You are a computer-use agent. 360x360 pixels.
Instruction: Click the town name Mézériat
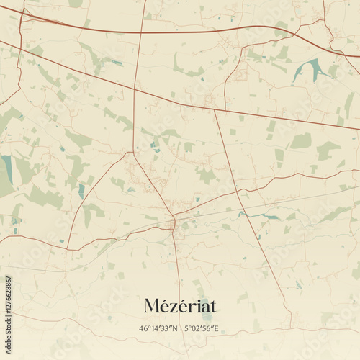click(x=180, y=305)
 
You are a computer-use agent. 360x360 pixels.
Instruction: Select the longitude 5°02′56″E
click(x=201, y=329)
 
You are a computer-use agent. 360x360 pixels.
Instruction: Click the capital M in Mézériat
click(x=151, y=306)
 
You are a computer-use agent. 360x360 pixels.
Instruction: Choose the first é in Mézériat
click(x=163, y=306)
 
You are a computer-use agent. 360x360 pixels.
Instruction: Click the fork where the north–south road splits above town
click(x=133, y=152)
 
